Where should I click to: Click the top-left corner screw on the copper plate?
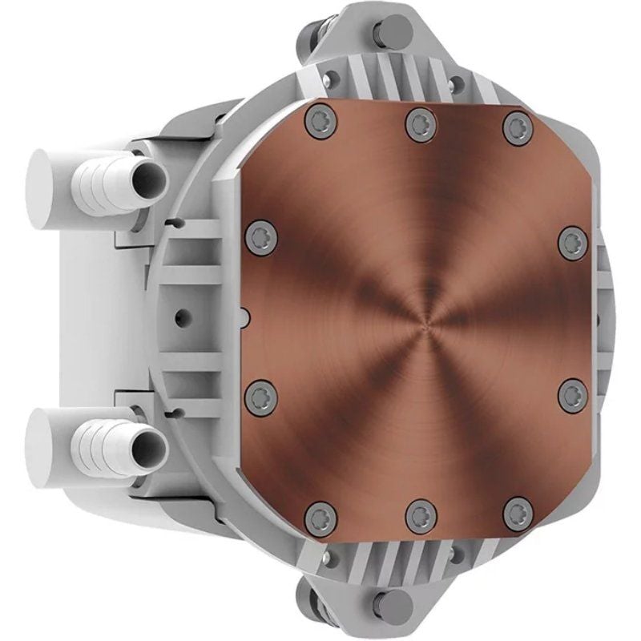pos(321,122)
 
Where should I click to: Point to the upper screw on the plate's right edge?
pos(572,241)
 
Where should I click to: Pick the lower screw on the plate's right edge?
pos(572,395)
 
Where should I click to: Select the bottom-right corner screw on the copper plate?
pos(518,514)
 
